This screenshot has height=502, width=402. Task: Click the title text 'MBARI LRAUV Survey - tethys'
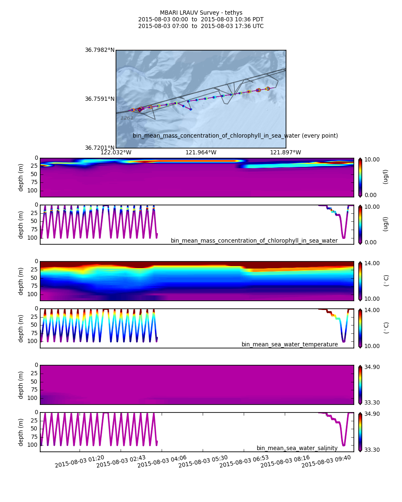201,13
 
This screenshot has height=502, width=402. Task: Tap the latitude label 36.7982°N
100,50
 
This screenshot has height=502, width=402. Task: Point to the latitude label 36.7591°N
100,99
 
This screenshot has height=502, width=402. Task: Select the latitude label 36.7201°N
100,148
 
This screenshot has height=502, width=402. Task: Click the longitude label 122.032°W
116,153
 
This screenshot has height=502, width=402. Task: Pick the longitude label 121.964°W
201,153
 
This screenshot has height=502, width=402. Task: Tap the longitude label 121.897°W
286,153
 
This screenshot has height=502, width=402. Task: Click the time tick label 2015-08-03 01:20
80,461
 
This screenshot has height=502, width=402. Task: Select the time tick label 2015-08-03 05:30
203,461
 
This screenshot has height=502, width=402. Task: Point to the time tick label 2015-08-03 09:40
326,461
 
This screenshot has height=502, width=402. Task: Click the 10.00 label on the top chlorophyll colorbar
372,159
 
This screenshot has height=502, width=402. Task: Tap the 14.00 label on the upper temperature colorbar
372,263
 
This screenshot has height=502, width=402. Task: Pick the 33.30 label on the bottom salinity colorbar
372,450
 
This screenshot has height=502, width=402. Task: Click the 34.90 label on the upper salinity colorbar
372,367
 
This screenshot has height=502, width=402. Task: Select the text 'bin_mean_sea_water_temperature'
289,344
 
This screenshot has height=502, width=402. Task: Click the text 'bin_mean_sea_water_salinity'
297,448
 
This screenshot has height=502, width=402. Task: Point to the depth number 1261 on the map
127,118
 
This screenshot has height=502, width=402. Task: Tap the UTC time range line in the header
201,26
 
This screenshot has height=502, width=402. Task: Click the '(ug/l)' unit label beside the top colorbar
386,177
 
